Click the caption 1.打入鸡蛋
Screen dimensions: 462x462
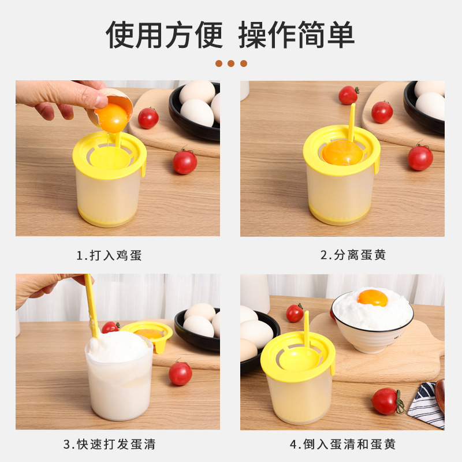pyautogui.click(x=109, y=255)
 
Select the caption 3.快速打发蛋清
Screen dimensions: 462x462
pyautogui.click(x=109, y=445)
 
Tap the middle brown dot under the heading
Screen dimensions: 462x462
pyautogui.click(x=231, y=64)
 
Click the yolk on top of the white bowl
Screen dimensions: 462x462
pyautogui.click(x=372, y=297)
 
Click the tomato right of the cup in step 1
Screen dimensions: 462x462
pyautogui.click(x=185, y=162)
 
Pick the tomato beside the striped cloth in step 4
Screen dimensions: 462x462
pyautogui.click(x=386, y=401)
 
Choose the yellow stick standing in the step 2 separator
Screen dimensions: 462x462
pyautogui.click(x=351, y=121)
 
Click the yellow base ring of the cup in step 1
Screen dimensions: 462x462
pyautogui.click(x=110, y=221)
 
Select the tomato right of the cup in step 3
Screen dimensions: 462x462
pyautogui.click(x=180, y=374)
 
